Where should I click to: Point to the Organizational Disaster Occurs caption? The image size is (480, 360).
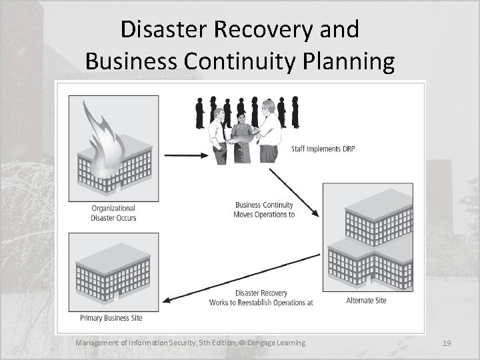[x=113, y=213]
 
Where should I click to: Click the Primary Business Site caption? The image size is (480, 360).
[x=111, y=317]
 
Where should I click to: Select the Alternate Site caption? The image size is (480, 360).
[x=366, y=301]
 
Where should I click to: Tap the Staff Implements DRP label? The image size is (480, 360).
[x=323, y=149]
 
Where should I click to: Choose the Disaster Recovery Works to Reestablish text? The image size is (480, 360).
[x=261, y=297]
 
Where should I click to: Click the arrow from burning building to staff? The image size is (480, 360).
[x=186, y=155]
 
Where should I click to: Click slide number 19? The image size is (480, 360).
[x=447, y=343]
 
